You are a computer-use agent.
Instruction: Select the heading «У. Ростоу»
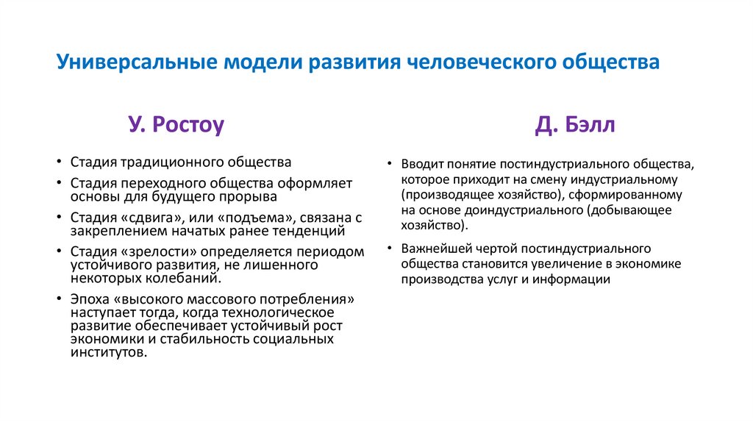point(176,126)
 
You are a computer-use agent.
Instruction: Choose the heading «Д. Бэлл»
point(575,126)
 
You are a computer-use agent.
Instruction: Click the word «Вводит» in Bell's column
point(421,163)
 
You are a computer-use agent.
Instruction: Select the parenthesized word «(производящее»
point(443,195)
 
